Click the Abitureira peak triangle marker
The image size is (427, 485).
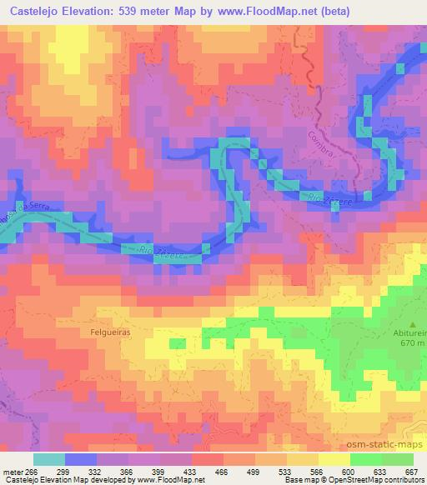[413, 325]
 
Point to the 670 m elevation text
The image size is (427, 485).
[412, 342]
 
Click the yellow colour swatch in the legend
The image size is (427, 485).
[334, 458]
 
